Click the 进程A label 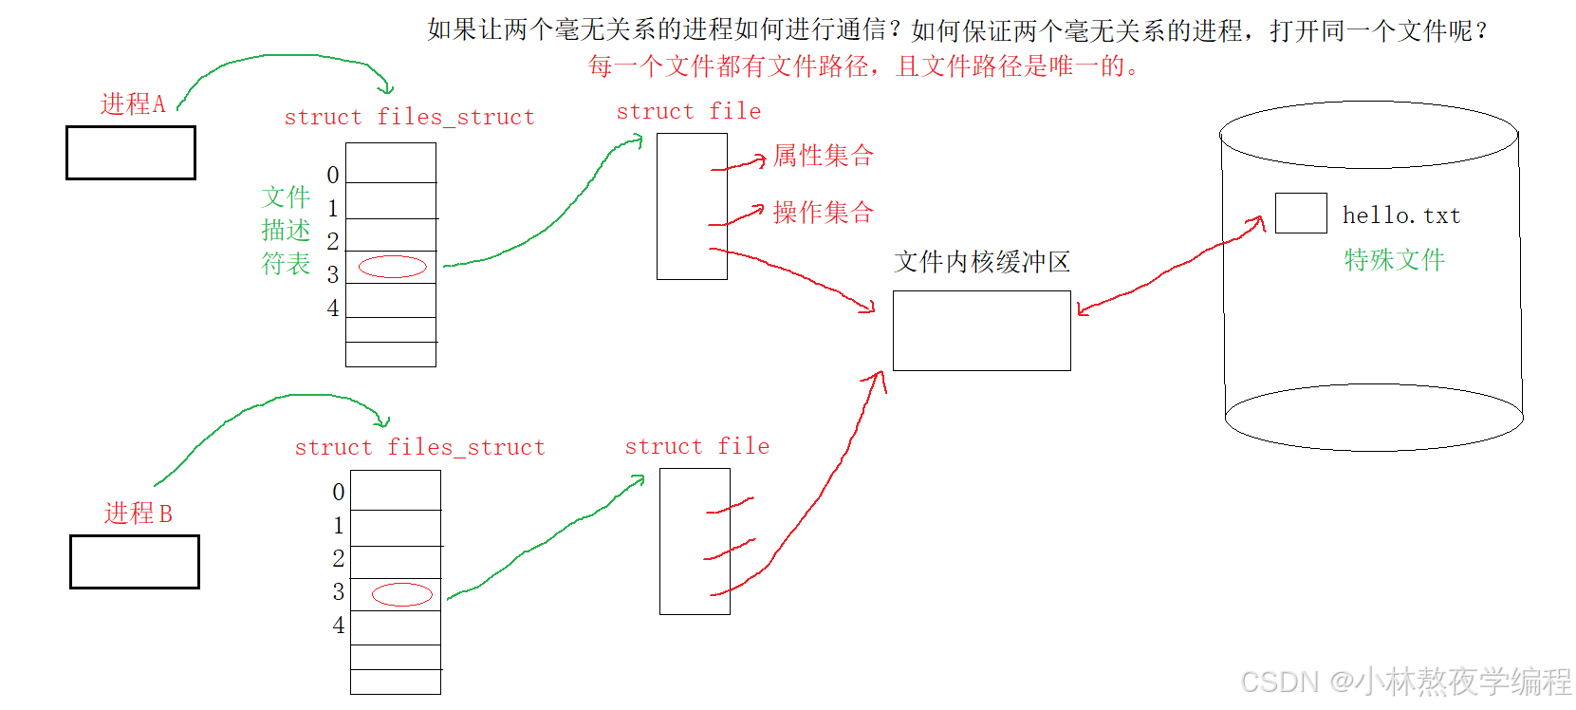(x=133, y=103)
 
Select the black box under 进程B (x=135, y=562)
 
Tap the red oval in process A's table (x=393, y=267)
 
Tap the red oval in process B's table (x=402, y=594)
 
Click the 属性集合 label (x=823, y=156)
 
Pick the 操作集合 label (x=823, y=213)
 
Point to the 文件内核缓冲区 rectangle (x=981, y=330)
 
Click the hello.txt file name (x=1400, y=216)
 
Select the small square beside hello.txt (x=1300, y=213)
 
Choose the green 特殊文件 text (x=1394, y=260)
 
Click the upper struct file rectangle (x=692, y=206)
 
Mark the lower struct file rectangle (x=695, y=541)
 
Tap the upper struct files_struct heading (x=409, y=118)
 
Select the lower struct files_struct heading (x=419, y=448)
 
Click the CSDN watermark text (x=1405, y=682)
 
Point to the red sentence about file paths (x=863, y=66)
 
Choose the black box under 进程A (x=131, y=153)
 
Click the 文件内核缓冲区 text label (x=981, y=262)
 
